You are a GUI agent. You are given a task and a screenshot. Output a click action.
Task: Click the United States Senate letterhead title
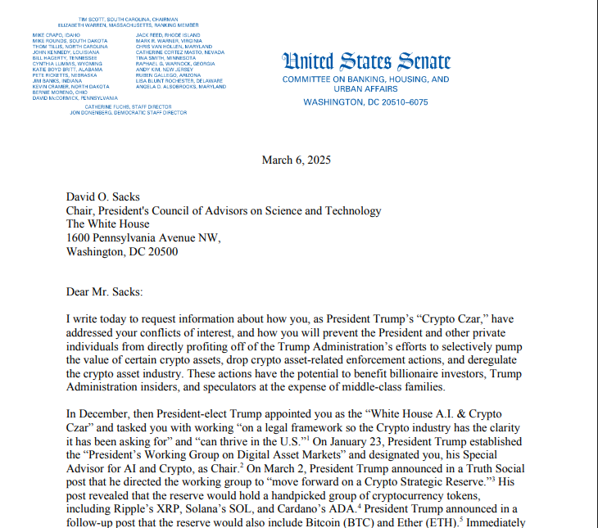(366, 61)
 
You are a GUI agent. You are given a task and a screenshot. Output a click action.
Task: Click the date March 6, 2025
(297, 160)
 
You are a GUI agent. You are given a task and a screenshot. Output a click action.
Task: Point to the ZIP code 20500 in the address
(161, 251)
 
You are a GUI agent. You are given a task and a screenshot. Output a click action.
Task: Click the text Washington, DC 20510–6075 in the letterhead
(365, 102)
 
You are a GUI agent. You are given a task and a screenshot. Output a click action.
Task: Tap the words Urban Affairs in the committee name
(365, 91)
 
